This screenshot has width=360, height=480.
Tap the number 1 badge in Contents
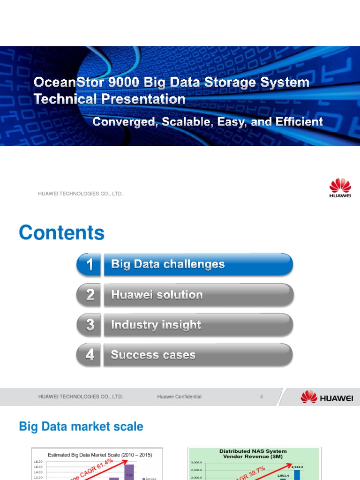click(x=89, y=265)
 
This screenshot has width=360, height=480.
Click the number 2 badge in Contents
click(x=89, y=295)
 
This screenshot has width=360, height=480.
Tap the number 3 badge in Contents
click(x=89, y=325)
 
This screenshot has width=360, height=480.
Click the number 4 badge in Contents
click(x=89, y=355)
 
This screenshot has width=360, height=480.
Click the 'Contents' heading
click(x=61, y=233)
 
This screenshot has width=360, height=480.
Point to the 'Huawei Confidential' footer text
click(x=179, y=397)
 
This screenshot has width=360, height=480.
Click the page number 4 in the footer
click(x=262, y=397)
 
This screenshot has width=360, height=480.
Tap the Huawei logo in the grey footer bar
click(x=326, y=397)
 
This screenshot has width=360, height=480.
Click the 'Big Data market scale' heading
click(x=81, y=427)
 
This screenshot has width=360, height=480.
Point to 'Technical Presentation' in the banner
click(x=109, y=99)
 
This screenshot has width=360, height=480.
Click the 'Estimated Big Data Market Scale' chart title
click(x=100, y=455)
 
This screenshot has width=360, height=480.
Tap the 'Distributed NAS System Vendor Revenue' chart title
click(x=253, y=454)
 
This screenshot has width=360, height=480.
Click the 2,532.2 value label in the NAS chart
click(x=297, y=467)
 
